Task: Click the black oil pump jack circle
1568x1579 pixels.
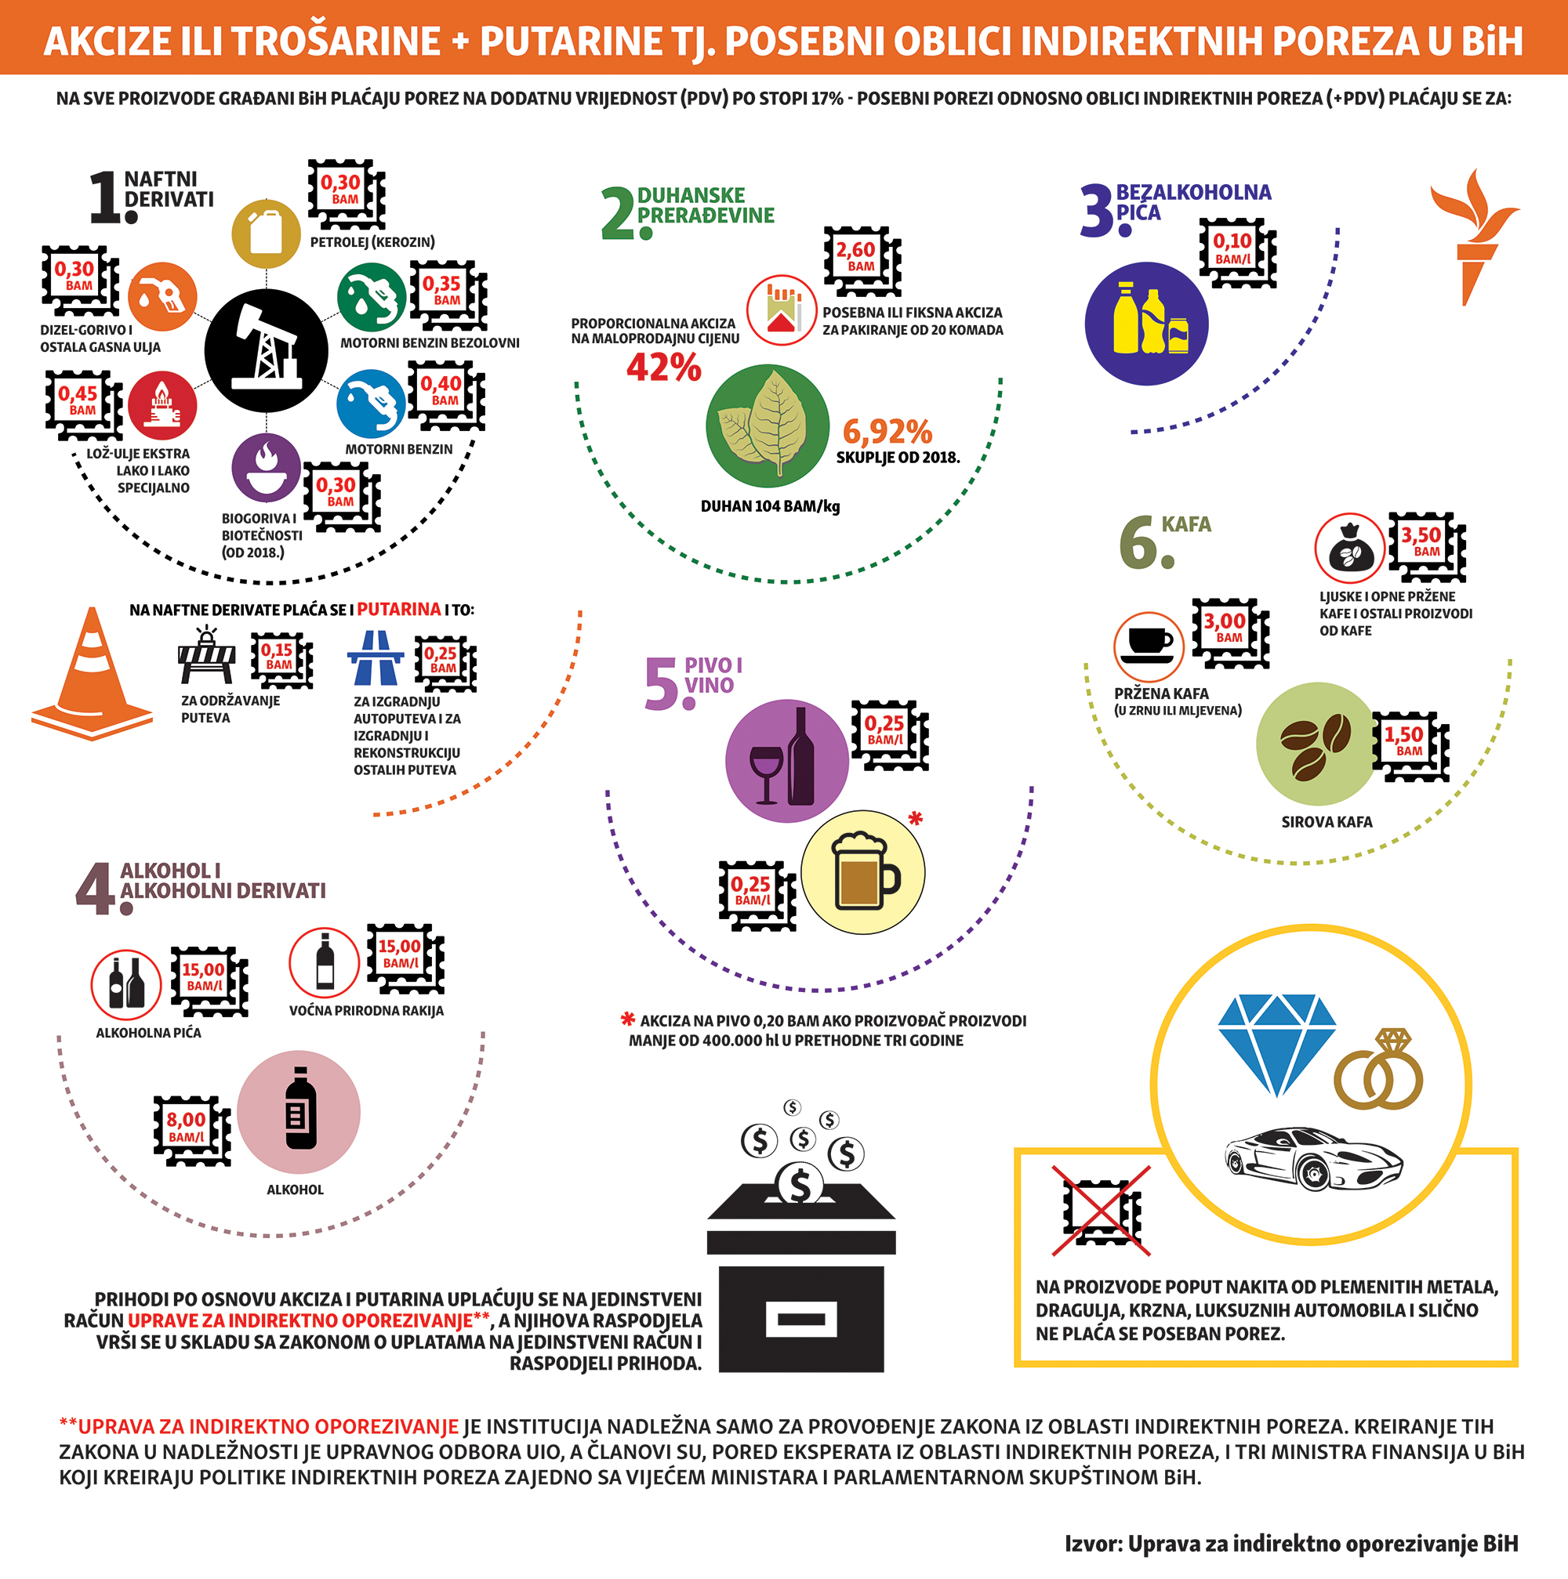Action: coord(266,349)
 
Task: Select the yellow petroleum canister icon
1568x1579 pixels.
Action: coord(266,233)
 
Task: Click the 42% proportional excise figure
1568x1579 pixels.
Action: coord(664,368)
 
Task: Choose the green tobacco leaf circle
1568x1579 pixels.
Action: coord(767,426)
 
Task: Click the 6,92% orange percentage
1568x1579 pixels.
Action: coord(887,432)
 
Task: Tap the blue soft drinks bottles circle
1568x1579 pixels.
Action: coord(1146,323)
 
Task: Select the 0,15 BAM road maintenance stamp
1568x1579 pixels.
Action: coord(280,659)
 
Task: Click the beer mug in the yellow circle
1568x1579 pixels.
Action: coord(862,871)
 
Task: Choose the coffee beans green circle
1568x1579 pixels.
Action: coord(1316,744)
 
